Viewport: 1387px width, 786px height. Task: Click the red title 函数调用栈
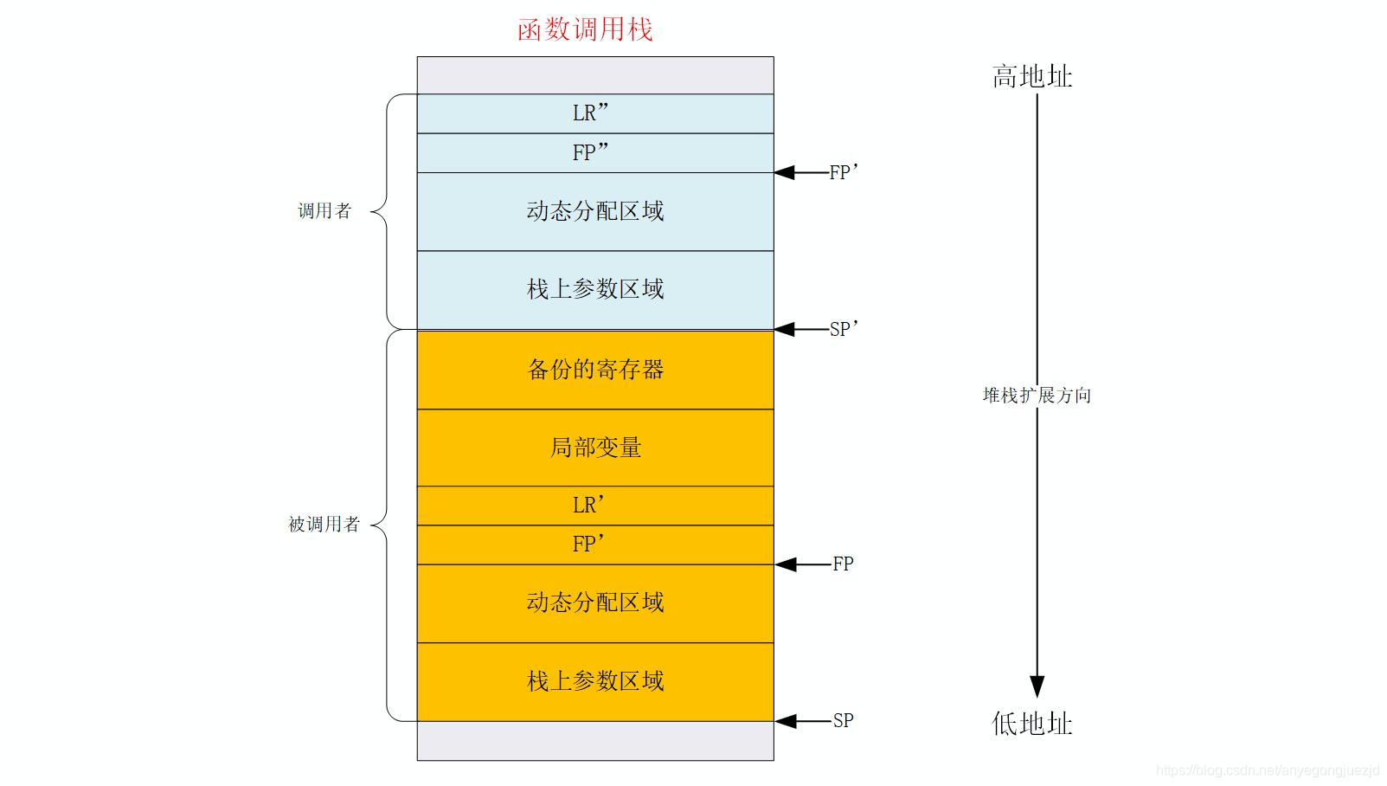click(585, 30)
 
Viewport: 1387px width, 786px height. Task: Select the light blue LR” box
click(595, 113)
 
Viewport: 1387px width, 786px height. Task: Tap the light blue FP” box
click(595, 153)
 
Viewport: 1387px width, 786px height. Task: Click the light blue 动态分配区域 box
click(595, 211)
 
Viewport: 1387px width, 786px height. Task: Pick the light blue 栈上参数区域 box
click(595, 290)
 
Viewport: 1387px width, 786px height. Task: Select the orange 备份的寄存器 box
click(595, 370)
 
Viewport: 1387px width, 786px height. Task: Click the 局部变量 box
click(595, 448)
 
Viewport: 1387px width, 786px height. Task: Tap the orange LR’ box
click(595, 506)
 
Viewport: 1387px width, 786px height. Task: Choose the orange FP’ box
click(595, 544)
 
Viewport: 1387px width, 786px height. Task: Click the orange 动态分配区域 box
click(595, 602)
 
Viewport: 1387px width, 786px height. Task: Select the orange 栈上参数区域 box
click(595, 681)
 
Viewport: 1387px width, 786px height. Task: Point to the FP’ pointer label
click(844, 172)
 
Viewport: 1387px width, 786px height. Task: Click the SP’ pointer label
click(844, 329)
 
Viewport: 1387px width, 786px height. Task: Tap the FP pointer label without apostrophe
click(843, 564)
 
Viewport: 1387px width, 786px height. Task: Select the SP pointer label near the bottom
click(843, 720)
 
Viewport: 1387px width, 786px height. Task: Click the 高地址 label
click(1032, 77)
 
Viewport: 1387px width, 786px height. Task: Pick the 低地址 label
click(1032, 724)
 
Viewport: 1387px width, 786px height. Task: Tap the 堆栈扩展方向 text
click(1037, 396)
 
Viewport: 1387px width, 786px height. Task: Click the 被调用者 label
click(324, 525)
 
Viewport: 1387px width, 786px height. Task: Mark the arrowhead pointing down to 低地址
click(1037, 686)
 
